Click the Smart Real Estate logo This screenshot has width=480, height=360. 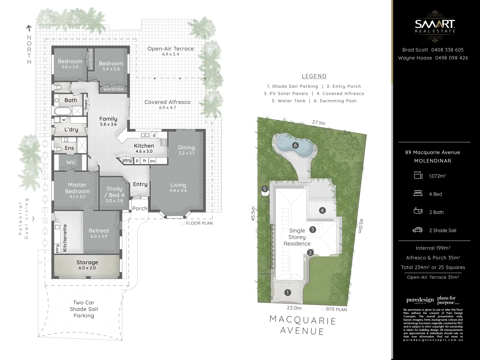tap(435, 26)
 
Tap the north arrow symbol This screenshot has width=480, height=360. tap(29, 29)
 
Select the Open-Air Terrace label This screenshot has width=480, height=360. tap(171, 49)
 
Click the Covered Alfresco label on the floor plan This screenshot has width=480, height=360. tap(167, 102)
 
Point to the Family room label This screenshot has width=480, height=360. tap(108, 119)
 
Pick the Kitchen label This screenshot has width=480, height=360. tap(144, 146)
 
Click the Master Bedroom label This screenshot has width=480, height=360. tap(77, 188)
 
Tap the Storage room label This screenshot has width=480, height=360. tap(87, 263)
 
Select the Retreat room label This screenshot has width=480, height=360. tap(99, 231)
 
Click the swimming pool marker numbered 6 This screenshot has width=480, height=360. tap(295, 145)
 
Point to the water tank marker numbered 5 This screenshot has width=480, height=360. tap(265, 189)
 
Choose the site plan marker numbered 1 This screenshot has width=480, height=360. tap(288, 293)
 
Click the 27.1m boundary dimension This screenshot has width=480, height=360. tap(318, 123)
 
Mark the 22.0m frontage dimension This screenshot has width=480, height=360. tap(294, 308)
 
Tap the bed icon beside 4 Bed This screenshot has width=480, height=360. tap(418, 194)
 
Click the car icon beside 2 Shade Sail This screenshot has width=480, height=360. tap(418, 230)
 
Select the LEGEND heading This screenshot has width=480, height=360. tap(314, 76)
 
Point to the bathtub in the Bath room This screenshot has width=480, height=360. tap(63, 111)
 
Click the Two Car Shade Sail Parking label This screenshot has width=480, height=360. tap(84, 309)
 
